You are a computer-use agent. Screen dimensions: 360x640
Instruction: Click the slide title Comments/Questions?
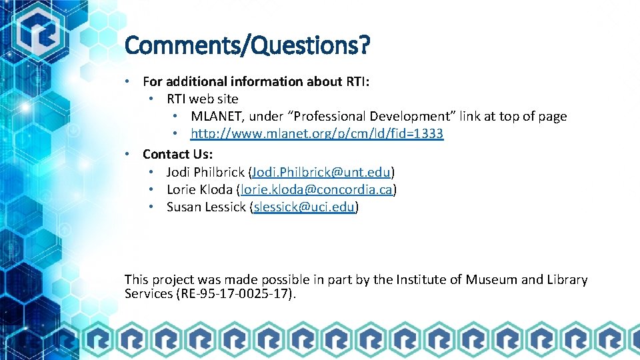coord(247,46)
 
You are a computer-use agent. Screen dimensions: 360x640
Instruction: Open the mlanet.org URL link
coord(317,134)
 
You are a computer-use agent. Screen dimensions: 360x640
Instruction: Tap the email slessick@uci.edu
coord(304,207)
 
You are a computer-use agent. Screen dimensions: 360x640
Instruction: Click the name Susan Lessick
coord(206,207)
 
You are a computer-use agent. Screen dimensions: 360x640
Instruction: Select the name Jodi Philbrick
coord(205,172)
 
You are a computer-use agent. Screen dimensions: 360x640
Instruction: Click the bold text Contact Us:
coord(178,154)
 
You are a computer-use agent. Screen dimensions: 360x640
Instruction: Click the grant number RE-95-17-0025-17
coord(235,294)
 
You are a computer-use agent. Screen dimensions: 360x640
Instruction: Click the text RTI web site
coord(202,99)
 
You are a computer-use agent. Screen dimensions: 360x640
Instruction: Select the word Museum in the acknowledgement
coord(490,279)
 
